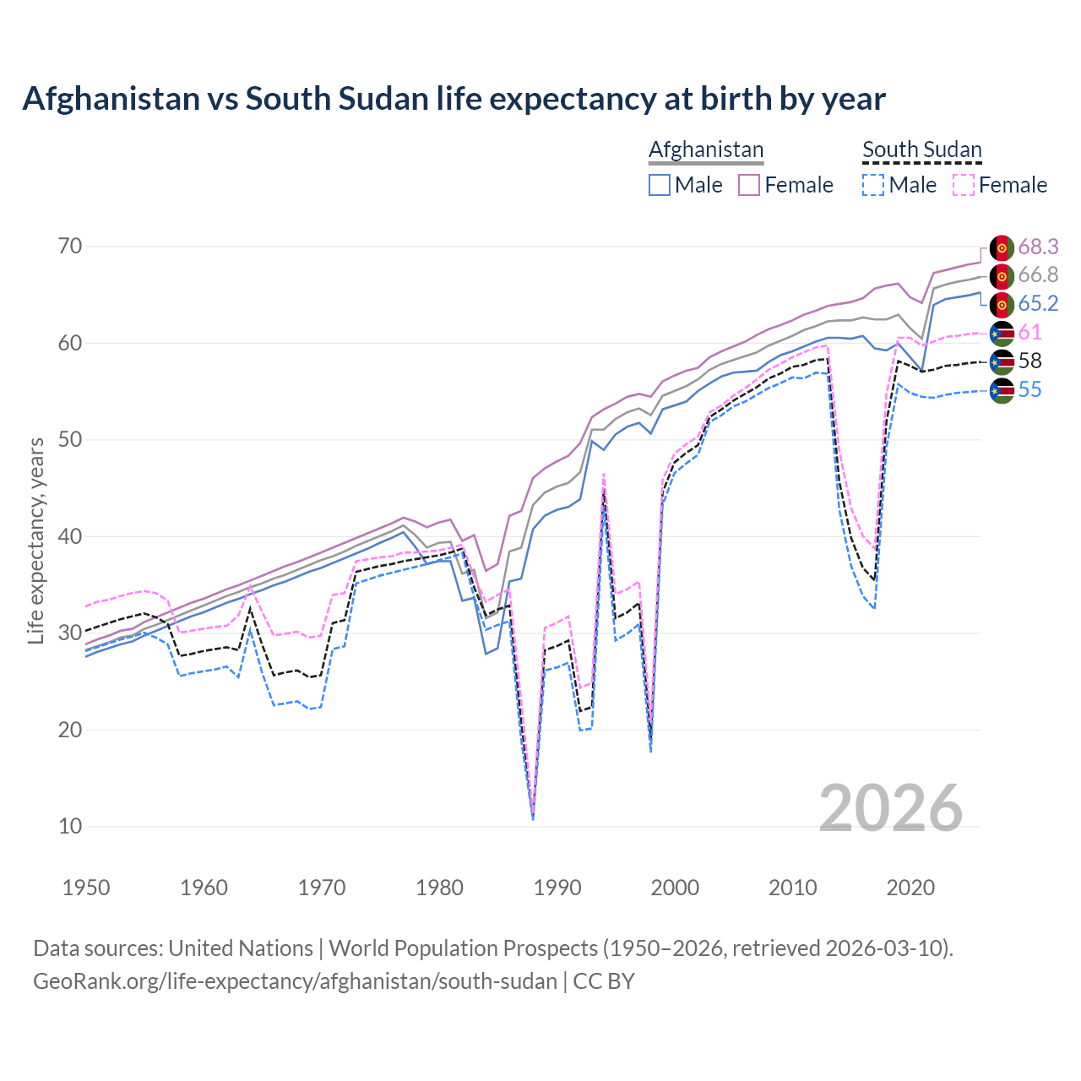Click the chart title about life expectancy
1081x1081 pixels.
coord(454,99)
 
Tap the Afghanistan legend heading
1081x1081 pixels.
coord(706,149)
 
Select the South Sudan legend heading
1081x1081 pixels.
coord(921,149)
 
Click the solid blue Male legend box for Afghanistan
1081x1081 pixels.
coord(660,185)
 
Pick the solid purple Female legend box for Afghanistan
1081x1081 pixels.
coord(749,185)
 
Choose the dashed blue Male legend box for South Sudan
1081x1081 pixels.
coord(873,185)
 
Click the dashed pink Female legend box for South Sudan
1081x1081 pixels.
coord(963,185)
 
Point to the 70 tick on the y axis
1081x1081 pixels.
coord(70,247)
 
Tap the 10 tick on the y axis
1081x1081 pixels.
coord(70,826)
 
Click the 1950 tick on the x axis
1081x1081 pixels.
coord(86,888)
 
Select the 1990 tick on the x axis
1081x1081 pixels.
coord(557,888)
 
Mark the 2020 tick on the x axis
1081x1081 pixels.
coord(910,888)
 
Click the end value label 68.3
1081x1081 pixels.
coord(1038,247)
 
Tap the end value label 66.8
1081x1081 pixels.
coord(1038,275)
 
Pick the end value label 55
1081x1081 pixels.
coord(1029,389)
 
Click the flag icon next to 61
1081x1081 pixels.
coord(1002,333)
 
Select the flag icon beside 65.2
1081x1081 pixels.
coord(1002,304)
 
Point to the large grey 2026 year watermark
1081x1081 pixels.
coord(891,808)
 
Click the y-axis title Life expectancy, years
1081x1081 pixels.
coord(36,540)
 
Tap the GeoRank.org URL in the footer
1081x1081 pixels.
coord(295,981)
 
